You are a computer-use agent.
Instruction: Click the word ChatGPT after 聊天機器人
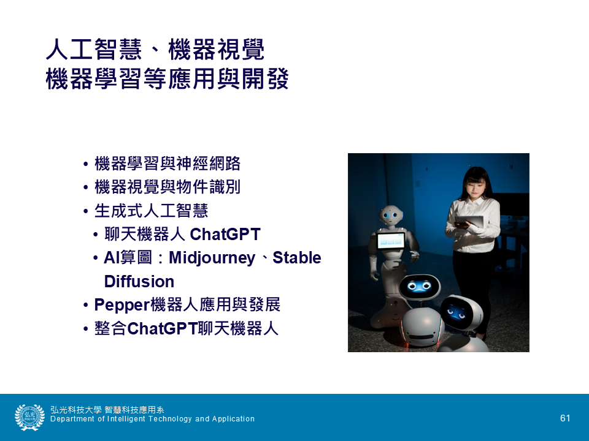pyautogui.click(x=225, y=235)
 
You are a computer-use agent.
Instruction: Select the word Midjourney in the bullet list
pyautogui.click(x=212, y=258)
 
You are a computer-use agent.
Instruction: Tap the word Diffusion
pyautogui.click(x=139, y=282)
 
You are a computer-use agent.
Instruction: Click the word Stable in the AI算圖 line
pyautogui.click(x=297, y=258)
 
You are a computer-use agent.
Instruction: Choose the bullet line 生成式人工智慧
pyautogui.click(x=151, y=211)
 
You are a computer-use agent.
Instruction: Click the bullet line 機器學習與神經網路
pyautogui.click(x=167, y=164)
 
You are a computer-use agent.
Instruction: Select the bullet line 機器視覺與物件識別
pyautogui.click(x=167, y=187)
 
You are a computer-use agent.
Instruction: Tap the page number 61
pyautogui.click(x=565, y=418)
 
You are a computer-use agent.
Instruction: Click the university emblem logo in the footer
pyautogui.click(x=29, y=417)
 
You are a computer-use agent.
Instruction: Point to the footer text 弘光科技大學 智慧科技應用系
pyautogui.click(x=107, y=410)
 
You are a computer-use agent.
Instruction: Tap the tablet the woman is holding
pyautogui.click(x=469, y=221)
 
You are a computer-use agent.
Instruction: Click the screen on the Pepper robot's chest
pyautogui.click(x=391, y=241)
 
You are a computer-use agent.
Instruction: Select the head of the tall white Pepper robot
pyautogui.click(x=391, y=216)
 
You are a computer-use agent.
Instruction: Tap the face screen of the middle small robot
pyautogui.click(x=420, y=287)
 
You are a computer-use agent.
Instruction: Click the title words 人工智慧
pyautogui.click(x=94, y=50)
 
